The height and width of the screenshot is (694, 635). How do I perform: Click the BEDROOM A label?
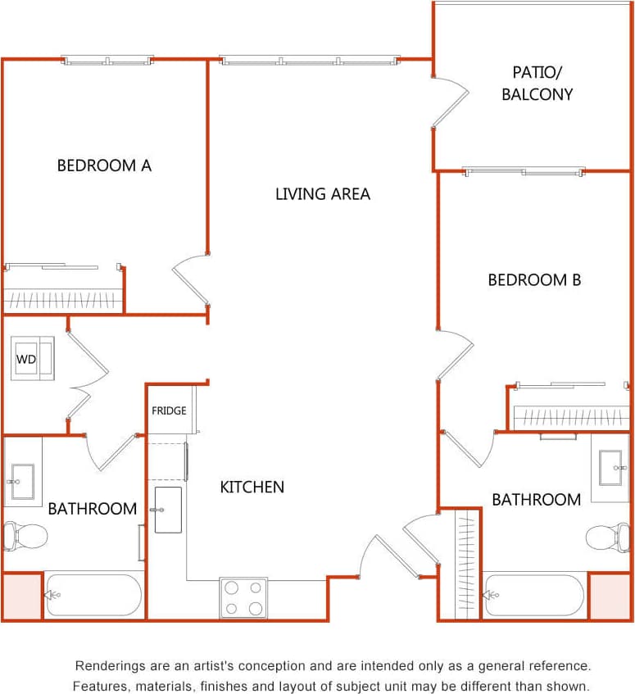tap(104, 166)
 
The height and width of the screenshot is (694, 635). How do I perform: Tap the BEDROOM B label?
tap(534, 280)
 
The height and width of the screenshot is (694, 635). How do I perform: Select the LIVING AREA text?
tap(322, 194)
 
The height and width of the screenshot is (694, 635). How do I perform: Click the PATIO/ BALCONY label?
tap(537, 83)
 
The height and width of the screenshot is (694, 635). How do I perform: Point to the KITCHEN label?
tap(252, 487)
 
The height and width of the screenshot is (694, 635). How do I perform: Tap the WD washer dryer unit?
tap(32, 359)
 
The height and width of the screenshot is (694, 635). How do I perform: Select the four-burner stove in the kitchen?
tap(243, 597)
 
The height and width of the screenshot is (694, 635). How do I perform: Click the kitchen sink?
tap(168, 510)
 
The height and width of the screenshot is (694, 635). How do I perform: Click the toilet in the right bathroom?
tap(607, 538)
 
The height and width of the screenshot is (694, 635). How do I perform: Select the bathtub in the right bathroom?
tap(534, 596)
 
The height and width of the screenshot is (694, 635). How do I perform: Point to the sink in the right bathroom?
tap(611, 467)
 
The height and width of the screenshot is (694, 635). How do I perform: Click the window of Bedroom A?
tap(108, 60)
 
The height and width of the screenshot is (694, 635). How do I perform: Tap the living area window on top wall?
tap(310, 60)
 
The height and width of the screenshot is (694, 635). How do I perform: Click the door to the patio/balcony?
tap(451, 102)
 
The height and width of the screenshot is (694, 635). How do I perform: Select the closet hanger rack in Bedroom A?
tap(63, 300)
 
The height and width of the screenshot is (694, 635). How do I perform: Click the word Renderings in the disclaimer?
tap(108, 666)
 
